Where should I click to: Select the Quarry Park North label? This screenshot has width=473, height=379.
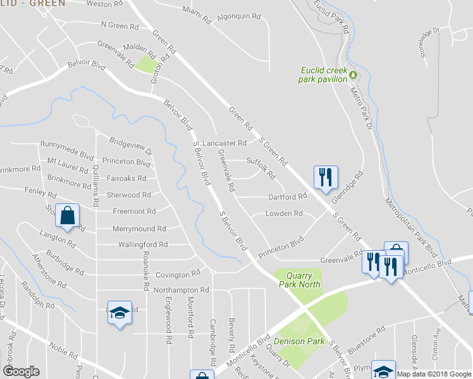pyautogui.click(x=300, y=280)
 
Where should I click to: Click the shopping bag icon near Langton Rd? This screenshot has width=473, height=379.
pyautogui.click(x=66, y=216)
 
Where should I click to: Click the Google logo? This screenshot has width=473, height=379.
pyautogui.click(x=21, y=371)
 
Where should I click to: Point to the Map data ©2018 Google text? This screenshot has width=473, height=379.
pyautogui.click(x=434, y=374)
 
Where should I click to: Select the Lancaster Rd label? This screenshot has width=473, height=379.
pyautogui.click(x=224, y=143)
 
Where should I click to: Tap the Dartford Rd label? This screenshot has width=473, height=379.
pyautogui.click(x=287, y=196)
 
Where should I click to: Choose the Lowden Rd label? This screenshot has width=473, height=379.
pyautogui.click(x=284, y=214)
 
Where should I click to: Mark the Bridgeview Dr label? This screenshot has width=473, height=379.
pyautogui.click(x=131, y=146)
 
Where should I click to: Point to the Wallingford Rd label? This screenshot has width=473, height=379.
pyautogui.click(x=143, y=244)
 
